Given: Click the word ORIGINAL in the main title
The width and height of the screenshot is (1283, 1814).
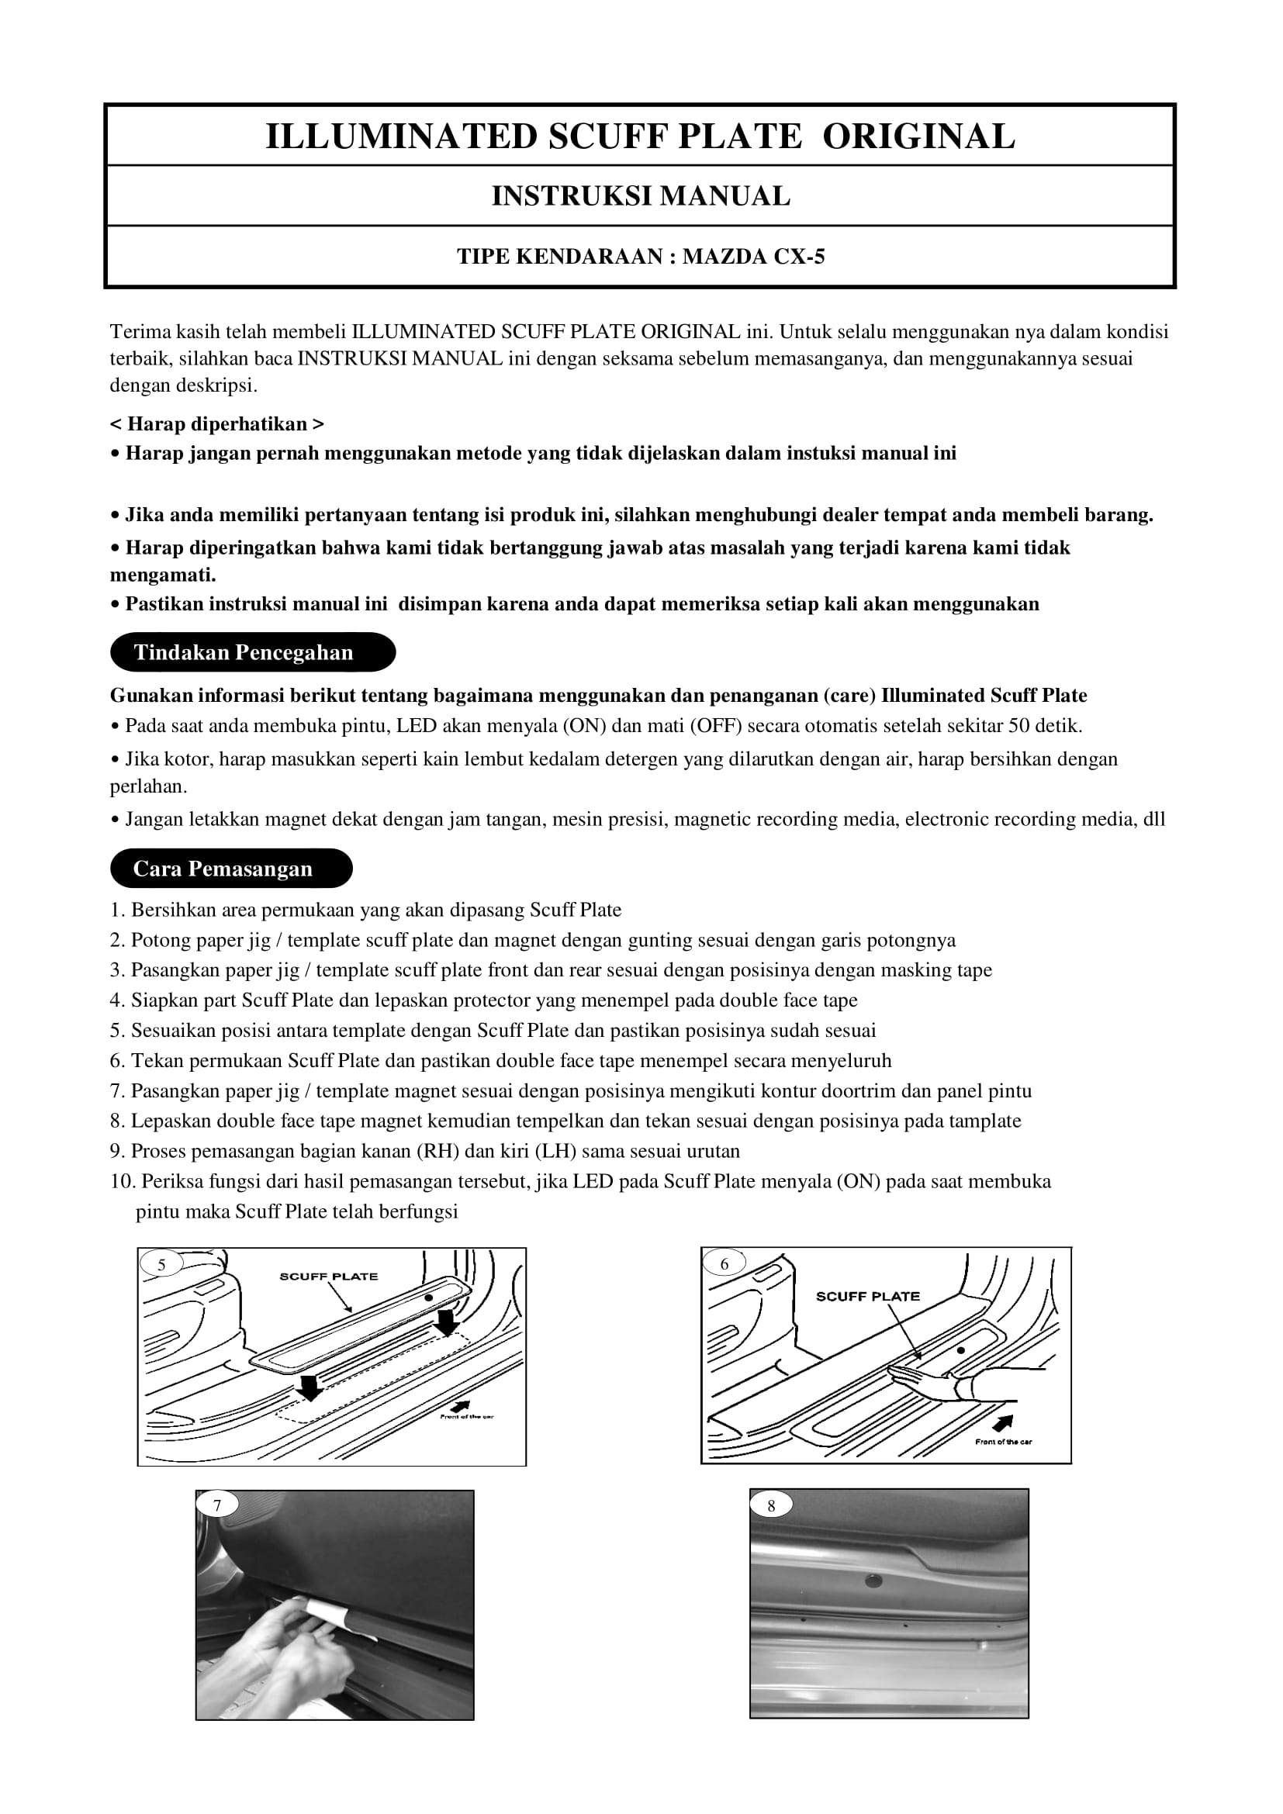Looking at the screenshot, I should click(x=918, y=136).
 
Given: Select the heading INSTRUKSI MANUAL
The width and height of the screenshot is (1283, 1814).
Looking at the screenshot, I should click(x=641, y=196).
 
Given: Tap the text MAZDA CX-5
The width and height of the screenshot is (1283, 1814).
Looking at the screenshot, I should click(x=754, y=257).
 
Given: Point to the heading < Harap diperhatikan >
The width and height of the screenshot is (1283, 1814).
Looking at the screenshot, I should click(x=216, y=424).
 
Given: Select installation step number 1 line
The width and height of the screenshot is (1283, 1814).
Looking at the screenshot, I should click(x=365, y=910).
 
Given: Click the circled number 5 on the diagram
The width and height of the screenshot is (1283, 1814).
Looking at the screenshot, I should click(x=162, y=1265).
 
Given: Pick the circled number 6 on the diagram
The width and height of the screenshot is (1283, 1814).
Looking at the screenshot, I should click(x=724, y=1264).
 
